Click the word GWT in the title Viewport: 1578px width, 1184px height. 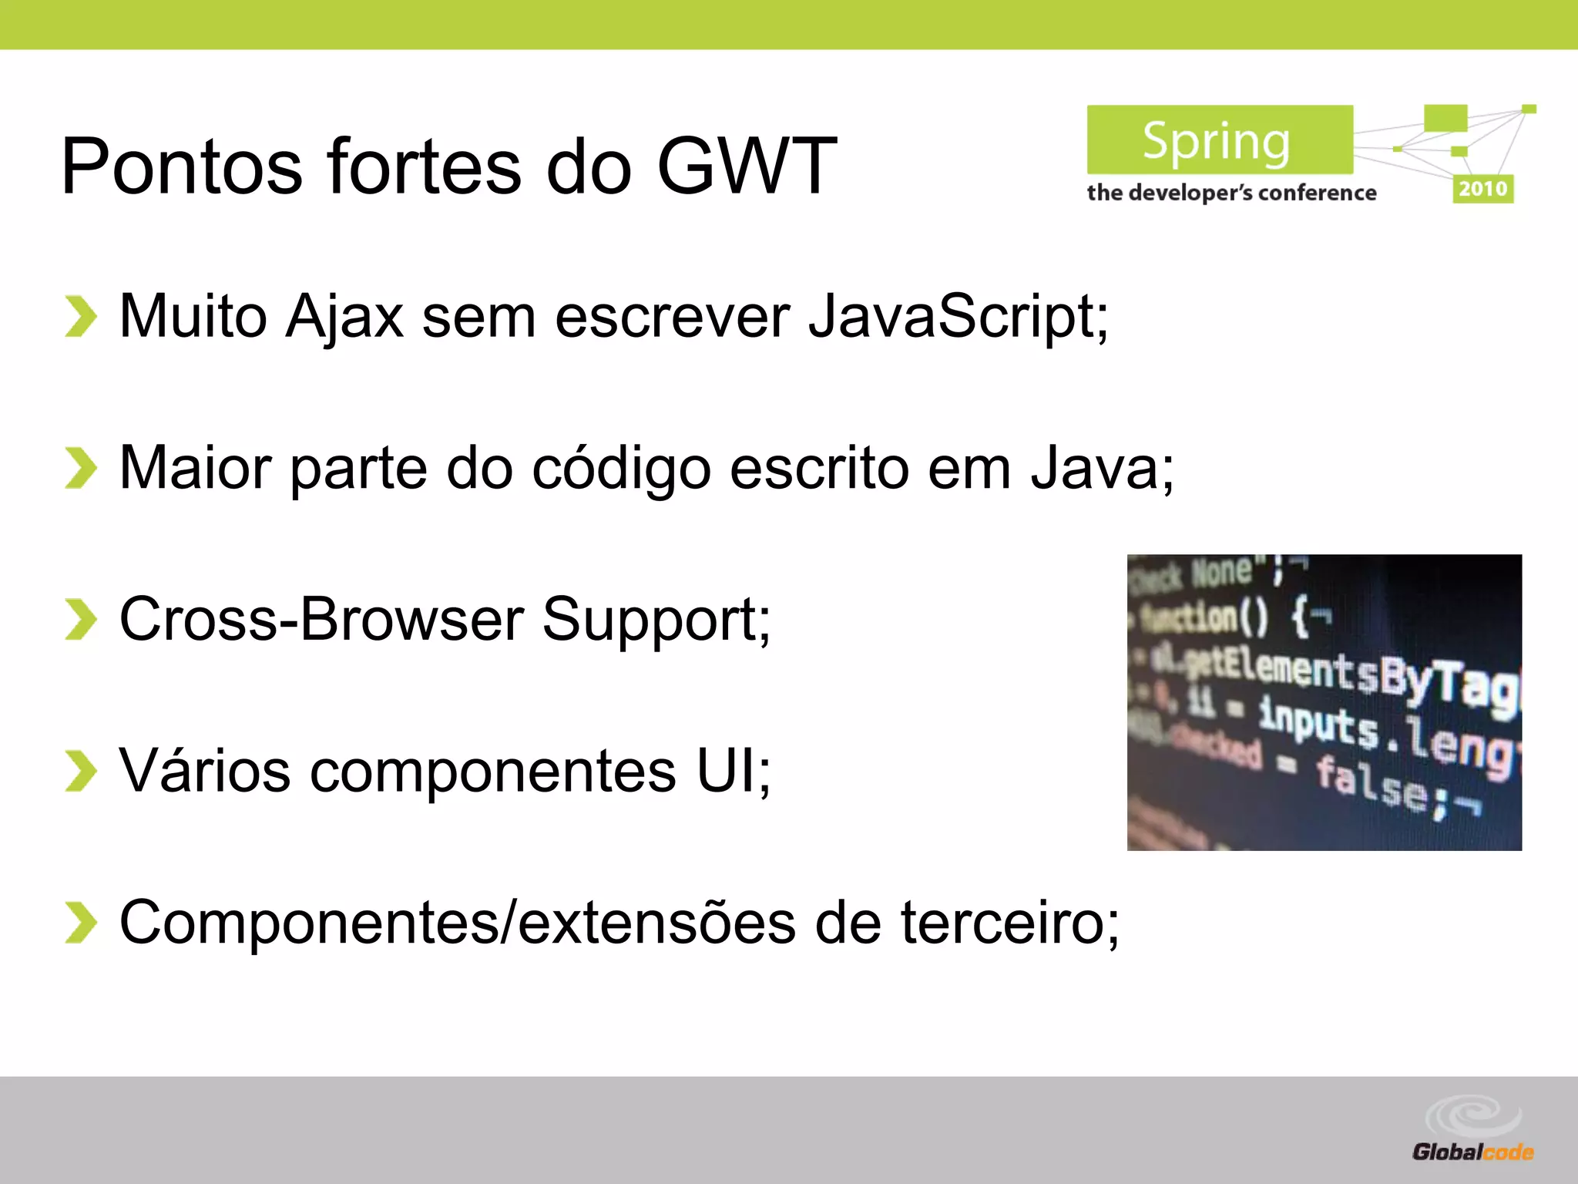746,166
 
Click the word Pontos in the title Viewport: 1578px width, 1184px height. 182,166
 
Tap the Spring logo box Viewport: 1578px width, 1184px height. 1219,140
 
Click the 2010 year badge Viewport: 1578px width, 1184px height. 1482,189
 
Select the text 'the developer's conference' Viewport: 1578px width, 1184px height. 1231,193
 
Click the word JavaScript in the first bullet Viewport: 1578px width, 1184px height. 958,316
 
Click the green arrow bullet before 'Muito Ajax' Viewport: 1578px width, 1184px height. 80,316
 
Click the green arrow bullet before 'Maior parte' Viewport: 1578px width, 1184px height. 80,468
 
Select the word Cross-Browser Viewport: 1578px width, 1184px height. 321,619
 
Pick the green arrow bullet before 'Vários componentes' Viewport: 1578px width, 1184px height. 80,771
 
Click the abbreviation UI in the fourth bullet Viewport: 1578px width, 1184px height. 729,771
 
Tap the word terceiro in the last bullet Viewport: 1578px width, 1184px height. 1009,923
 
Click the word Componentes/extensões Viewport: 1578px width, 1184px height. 458,923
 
